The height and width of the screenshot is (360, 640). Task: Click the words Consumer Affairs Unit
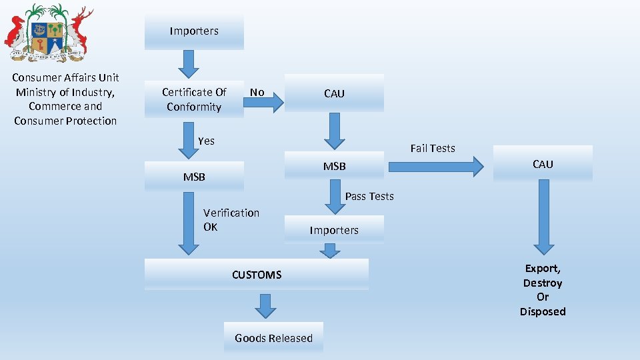[65, 77]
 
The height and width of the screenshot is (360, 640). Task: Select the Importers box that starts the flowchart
[194, 31]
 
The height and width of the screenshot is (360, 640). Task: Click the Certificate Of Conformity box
[194, 99]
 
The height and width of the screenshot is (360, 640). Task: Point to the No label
[257, 92]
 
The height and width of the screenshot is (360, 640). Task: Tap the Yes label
[206, 141]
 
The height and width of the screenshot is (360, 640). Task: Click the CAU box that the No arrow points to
[334, 93]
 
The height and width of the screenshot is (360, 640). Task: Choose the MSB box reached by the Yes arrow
[194, 177]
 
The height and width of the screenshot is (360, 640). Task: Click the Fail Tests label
[433, 148]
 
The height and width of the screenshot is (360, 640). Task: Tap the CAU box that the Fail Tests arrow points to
[543, 164]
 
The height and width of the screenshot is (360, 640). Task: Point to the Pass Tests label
[369, 196]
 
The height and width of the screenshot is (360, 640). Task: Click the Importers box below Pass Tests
[334, 230]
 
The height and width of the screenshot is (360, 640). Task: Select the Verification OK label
[231, 219]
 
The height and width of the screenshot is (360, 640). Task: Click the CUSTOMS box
[257, 275]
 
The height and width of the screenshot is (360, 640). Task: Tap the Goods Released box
[273, 338]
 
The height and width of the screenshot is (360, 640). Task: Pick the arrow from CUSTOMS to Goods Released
[266, 306]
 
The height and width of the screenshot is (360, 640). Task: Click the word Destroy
[543, 283]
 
